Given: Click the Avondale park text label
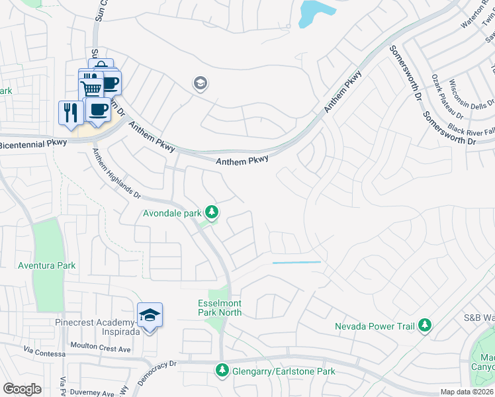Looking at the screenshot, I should (172, 213).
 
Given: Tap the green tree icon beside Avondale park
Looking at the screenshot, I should (212, 212).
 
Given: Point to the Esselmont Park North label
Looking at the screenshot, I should (220, 308).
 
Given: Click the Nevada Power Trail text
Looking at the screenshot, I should (374, 326).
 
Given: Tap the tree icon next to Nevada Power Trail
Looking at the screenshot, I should (424, 326).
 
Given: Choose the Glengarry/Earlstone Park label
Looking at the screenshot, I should (283, 371).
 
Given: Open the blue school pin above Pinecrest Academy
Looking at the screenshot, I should (150, 315).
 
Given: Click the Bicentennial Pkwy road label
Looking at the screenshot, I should (32, 144).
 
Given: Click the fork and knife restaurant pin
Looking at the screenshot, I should (71, 112).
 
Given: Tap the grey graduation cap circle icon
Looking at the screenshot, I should (199, 83).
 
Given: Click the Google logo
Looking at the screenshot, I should (22, 388).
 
